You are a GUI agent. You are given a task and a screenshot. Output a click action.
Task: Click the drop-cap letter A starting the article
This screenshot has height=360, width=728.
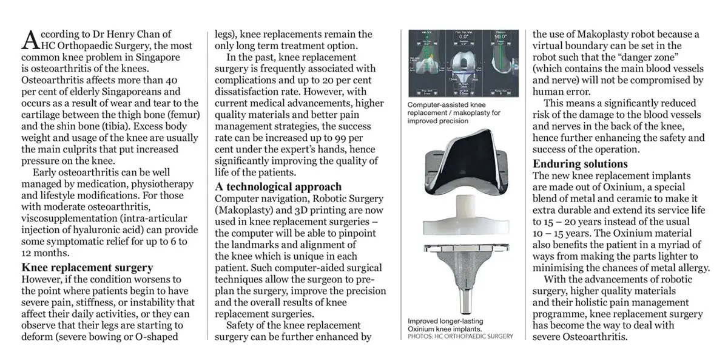29,40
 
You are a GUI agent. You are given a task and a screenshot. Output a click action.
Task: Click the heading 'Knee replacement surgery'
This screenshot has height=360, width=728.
87,267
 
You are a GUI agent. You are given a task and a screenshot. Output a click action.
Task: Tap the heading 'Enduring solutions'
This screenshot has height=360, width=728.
580,164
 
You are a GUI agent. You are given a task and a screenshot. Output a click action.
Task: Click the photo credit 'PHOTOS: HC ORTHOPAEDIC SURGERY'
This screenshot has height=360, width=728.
460,336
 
